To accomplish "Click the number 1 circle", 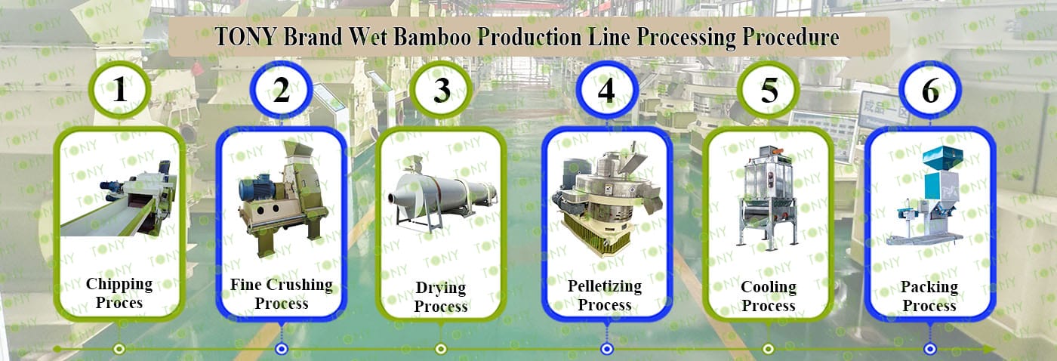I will point(119,91).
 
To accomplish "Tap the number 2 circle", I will point(281,91).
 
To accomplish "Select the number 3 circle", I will point(442,91).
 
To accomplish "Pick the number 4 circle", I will point(606,91).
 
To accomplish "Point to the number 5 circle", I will point(769,91).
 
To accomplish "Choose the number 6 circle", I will point(930,91).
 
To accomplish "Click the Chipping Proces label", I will point(119,293).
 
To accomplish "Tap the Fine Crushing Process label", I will point(281,294).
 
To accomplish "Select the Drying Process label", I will point(442,297).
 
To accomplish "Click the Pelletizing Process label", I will point(605,295).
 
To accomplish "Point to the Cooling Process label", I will point(769,296).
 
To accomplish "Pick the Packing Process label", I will point(929,296).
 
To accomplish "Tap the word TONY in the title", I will point(245,37).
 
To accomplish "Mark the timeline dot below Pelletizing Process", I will point(606,349).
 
